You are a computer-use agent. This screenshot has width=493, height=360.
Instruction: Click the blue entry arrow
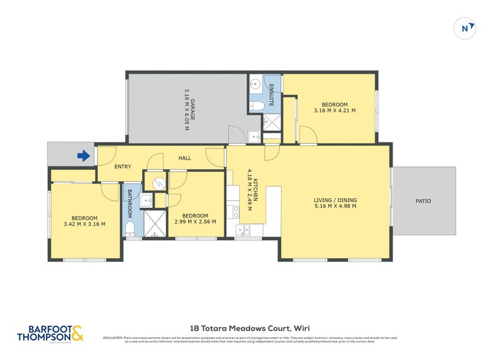[83, 157]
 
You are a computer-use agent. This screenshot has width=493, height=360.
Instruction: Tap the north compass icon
[467, 28]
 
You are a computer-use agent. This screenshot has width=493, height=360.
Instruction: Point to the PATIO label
[423, 201]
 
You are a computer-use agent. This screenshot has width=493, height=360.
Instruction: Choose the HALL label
[185, 158]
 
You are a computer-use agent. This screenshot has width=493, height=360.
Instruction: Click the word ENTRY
[123, 166]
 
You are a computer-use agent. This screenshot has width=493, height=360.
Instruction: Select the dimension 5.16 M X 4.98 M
[335, 207]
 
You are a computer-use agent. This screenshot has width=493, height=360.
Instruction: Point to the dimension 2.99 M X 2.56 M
[195, 222]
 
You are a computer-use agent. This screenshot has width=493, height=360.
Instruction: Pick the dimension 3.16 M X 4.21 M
[335, 111]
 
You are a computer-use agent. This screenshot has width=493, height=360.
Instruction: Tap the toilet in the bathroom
[130, 230]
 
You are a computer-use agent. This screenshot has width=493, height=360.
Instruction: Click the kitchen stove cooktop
[235, 212]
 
